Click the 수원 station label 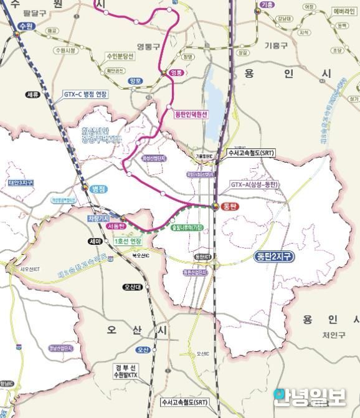(x=25, y=26)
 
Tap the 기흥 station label (x=267, y=5)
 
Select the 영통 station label (x=178, y=73)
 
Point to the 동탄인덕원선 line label (x=191, y=114)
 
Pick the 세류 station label (x=32, y=94)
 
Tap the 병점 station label (x=99, y=188)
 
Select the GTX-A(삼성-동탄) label (x=253, y=184)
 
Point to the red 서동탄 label (x=116, y=227)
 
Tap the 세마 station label (x=95, y=240)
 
